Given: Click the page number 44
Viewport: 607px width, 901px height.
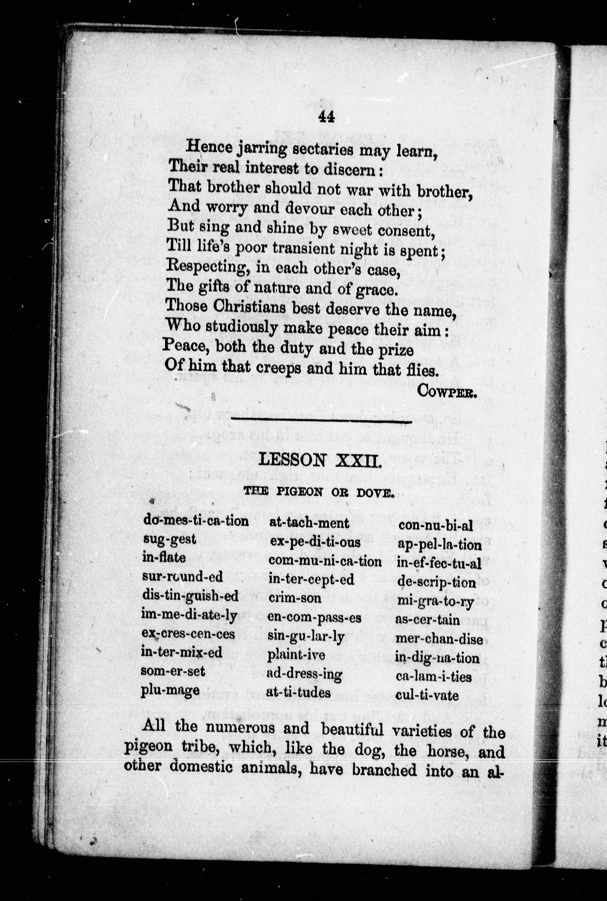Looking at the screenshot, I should click(x=326, y=117).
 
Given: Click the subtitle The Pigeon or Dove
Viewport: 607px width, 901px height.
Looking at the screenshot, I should click(x=319, y=492).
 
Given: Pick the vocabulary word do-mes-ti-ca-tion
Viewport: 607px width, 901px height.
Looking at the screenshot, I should click(x=196, y=520).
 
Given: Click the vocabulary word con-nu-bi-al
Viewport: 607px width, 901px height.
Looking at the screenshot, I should click(x=435, y=525).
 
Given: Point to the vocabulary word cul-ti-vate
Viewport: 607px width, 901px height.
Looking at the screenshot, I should click(x=427, y=695).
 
